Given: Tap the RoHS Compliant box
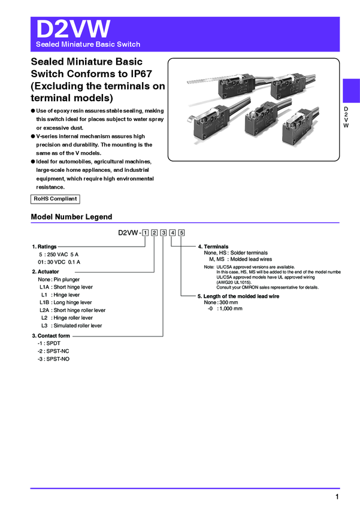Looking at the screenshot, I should [x=55, y=199].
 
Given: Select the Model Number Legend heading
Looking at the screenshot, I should [x=71, y=217].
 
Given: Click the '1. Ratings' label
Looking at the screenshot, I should [x=45, y=247].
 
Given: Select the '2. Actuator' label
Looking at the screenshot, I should [x=46, y=272].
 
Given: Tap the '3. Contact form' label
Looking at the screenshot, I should [x=51, y=336].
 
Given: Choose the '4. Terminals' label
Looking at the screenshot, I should [x=213, y=247].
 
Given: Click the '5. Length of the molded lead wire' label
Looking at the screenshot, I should [x=238, y=296].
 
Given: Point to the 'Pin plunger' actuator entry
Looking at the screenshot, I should [x=66, y=280].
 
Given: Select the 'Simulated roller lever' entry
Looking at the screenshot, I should [x=77, y=326].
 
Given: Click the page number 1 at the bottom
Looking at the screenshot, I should [x=337, y=497].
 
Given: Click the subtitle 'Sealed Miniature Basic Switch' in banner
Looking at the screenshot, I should [x=88, y=44].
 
